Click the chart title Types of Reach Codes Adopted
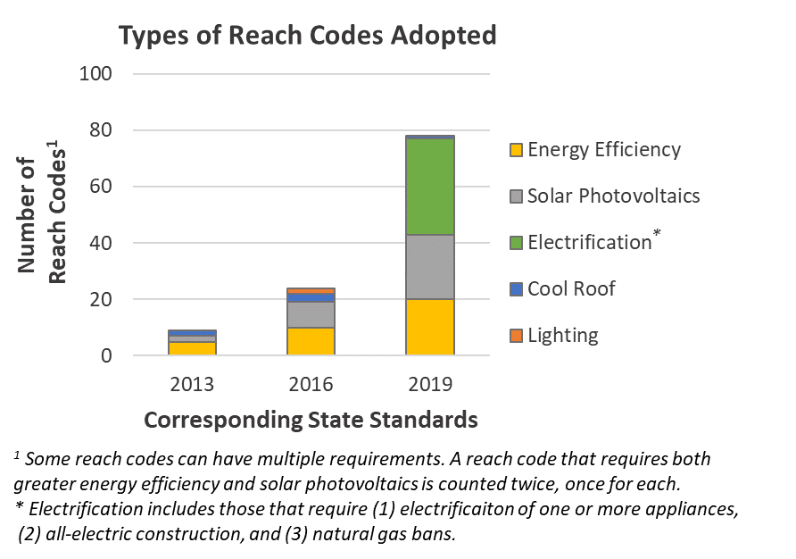click(307, 36)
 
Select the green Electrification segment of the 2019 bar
click(430, 187)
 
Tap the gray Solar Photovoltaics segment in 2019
click(430, 267)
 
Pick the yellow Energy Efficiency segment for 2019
click(430, 327)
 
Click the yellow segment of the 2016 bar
click(311, 341)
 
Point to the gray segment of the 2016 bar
click(311, 314)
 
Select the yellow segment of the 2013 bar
click(192, 348)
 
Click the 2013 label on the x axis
click(192, 385)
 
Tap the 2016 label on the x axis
click(311, 385)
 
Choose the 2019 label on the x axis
click(430, 385)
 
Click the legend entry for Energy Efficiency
click(594, 150)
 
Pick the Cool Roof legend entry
click(561, 289)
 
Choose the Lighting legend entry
click(553, 336)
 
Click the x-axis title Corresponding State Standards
click(311, 420)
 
